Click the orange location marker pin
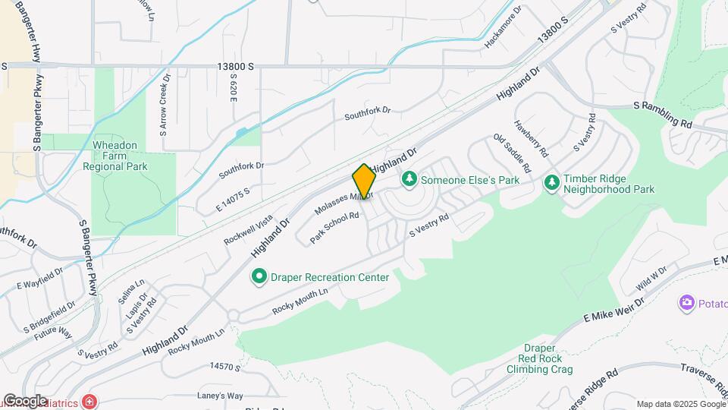coord(364,181)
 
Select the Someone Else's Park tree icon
coord(410,180)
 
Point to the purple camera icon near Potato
coord(687,303)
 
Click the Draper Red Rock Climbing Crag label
coord(539,359)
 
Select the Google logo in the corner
coord(24,400)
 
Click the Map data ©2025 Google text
coord(679,404)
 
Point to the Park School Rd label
coord(334,228)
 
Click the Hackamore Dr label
coord(504,30)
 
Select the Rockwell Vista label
coord(248,229)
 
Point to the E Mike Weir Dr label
coord(613,312)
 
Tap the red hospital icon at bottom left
coord(90,400)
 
